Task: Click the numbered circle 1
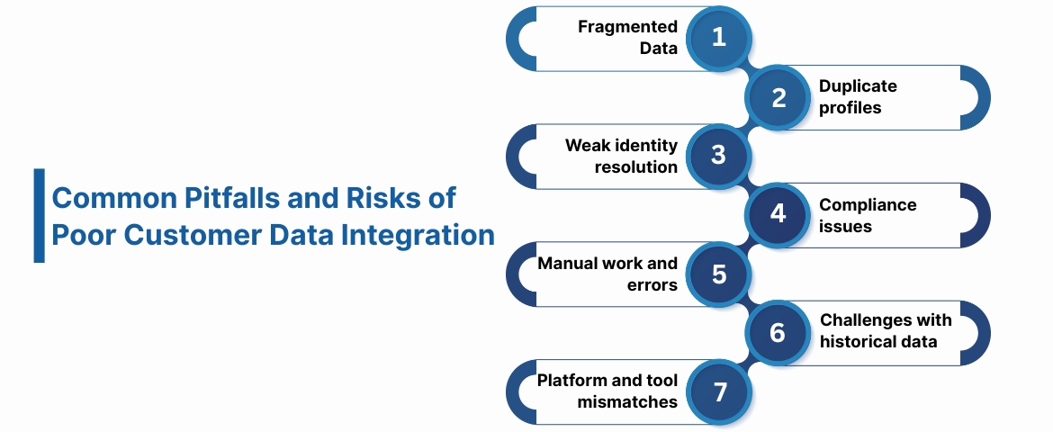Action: (718, 38)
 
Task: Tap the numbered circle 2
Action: (778, 97)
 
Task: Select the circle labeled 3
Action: (718, 156)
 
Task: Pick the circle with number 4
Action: (778, 215)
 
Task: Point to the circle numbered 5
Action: (718, 274)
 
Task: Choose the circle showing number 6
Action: (778, 333)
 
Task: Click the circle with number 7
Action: (718, 391)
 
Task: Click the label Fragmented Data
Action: (627, 38)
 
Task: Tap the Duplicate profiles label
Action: (857, 97)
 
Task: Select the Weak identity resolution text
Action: (621, 156)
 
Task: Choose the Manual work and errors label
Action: (607, 274)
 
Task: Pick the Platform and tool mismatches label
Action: (607, 391)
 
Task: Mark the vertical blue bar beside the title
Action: (39, 215)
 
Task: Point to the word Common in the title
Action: (102, 197)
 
